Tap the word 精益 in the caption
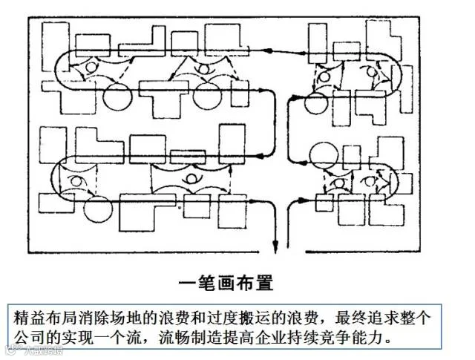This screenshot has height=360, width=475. coord(32,318)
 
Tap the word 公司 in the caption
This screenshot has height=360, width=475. coord(32,338)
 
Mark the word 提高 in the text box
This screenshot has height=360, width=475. coord(246,338)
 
